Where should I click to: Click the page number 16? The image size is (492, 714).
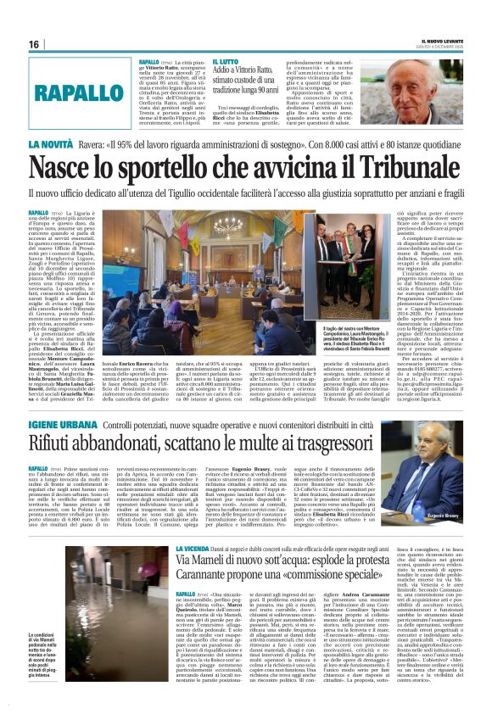tap(33, 43)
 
